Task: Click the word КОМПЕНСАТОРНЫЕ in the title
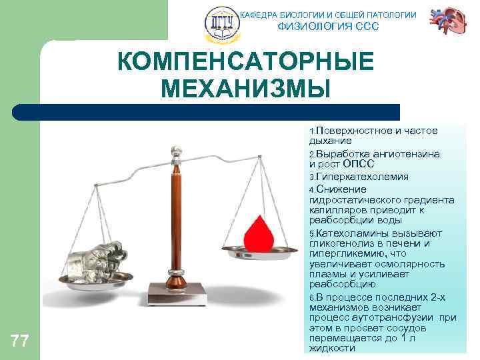(x=245, y=63)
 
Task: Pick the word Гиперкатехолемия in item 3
(x=357, y=177)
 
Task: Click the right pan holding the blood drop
(x=259, y=252)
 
